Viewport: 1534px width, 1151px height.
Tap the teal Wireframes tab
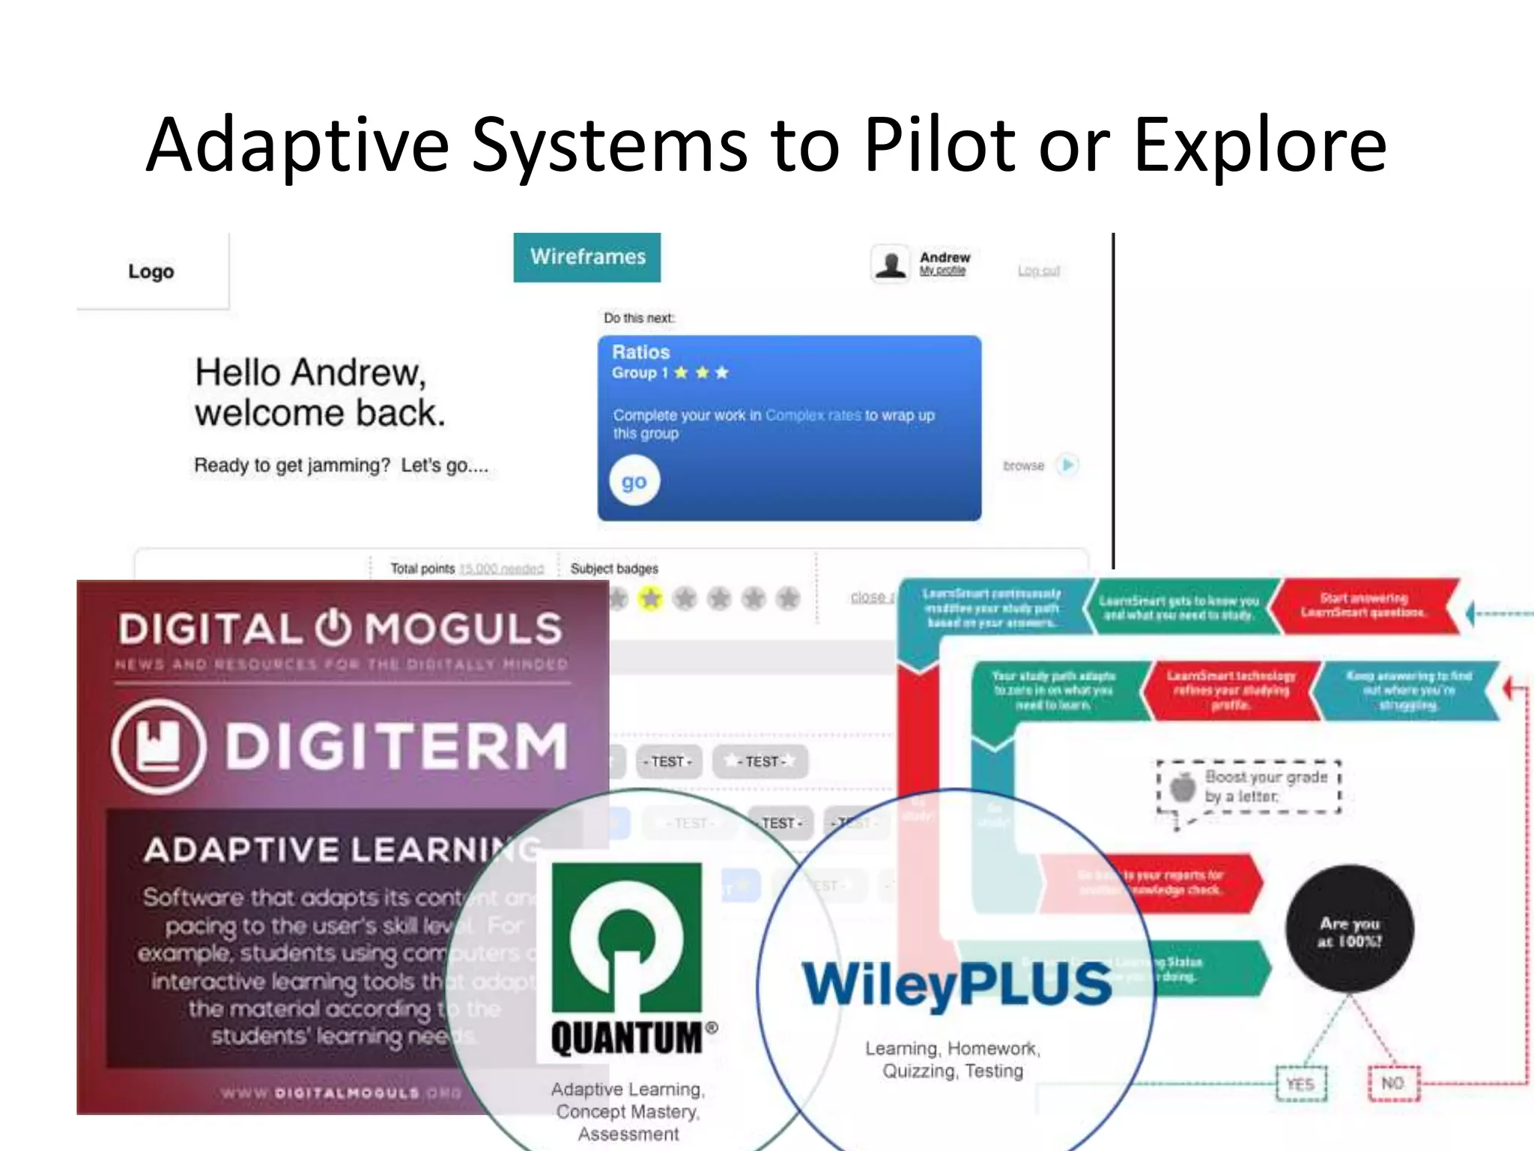[x=587, y=257]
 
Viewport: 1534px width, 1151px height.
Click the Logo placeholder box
[x=152, y=271]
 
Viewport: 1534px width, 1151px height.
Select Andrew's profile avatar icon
[x=891, y=265]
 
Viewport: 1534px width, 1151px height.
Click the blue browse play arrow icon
[x=1067, y=465]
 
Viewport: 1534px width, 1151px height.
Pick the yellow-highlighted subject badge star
[x=650, y=598]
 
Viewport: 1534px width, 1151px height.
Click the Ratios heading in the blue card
[x=640, y=352]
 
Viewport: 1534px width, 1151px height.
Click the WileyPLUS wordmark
[x=957, y=985]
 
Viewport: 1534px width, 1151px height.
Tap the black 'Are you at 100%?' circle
[x=1349, y=930]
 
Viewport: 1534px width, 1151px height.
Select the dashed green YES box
[x=1300, y=1084]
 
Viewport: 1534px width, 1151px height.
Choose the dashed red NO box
[x=1392, y=1084]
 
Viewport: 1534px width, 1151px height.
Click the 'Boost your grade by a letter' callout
[x=1249, y=787]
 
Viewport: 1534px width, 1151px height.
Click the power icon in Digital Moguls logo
[x=333, y=627]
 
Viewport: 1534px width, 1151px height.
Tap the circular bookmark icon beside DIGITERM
[x=158, y=746]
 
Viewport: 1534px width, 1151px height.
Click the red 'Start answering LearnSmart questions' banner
[x=1363, y=605]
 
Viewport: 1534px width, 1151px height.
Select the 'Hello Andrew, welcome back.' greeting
[x=320, y=392]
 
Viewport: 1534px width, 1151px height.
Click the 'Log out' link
[x=1038, y=271]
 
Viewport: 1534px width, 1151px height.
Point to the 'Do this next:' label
[x=639, y=318]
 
